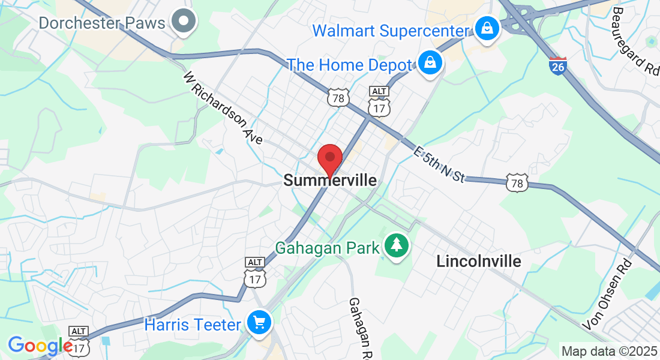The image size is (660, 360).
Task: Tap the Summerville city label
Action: [x=330, y=180]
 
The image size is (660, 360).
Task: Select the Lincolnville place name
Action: [x=479, y=261]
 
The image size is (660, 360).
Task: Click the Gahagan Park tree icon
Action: [x=396, y=246]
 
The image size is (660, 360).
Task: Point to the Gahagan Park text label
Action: [x=328, y=247]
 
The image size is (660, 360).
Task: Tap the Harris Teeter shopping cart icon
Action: [x=259, y=323]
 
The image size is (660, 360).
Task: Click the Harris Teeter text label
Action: [x=193, y=325]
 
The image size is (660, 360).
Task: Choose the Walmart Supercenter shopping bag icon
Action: [x=487, y=28]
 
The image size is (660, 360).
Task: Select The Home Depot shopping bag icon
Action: [x=430, y=62]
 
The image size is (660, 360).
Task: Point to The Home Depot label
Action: [x=350, y=65]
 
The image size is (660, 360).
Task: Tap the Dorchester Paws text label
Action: [x=102, y=23]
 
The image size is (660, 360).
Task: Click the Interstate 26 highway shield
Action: [x=557, y=65]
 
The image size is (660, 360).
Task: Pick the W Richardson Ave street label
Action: [x=223, y=108]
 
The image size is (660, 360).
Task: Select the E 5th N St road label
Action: [x=439, y=163]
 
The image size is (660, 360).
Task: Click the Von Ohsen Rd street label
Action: [x=608, y=294]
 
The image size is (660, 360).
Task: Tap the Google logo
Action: [x=40, y=345]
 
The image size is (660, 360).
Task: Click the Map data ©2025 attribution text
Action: [x=608, y=351]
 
